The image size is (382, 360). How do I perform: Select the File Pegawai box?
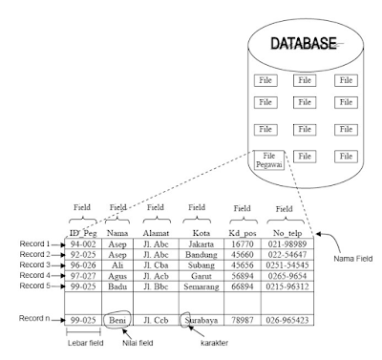268,159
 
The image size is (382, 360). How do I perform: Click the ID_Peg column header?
84,231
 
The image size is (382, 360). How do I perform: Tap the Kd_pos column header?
241,231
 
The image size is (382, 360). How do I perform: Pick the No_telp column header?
286,231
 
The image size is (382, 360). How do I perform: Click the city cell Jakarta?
198,244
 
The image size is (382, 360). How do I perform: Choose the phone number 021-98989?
286,244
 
